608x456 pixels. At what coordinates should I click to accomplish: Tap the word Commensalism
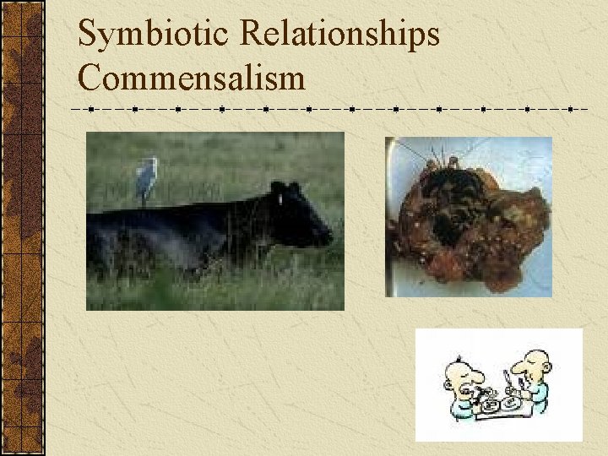tap(191, 79)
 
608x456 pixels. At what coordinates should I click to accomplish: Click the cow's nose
tap(328, 237)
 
